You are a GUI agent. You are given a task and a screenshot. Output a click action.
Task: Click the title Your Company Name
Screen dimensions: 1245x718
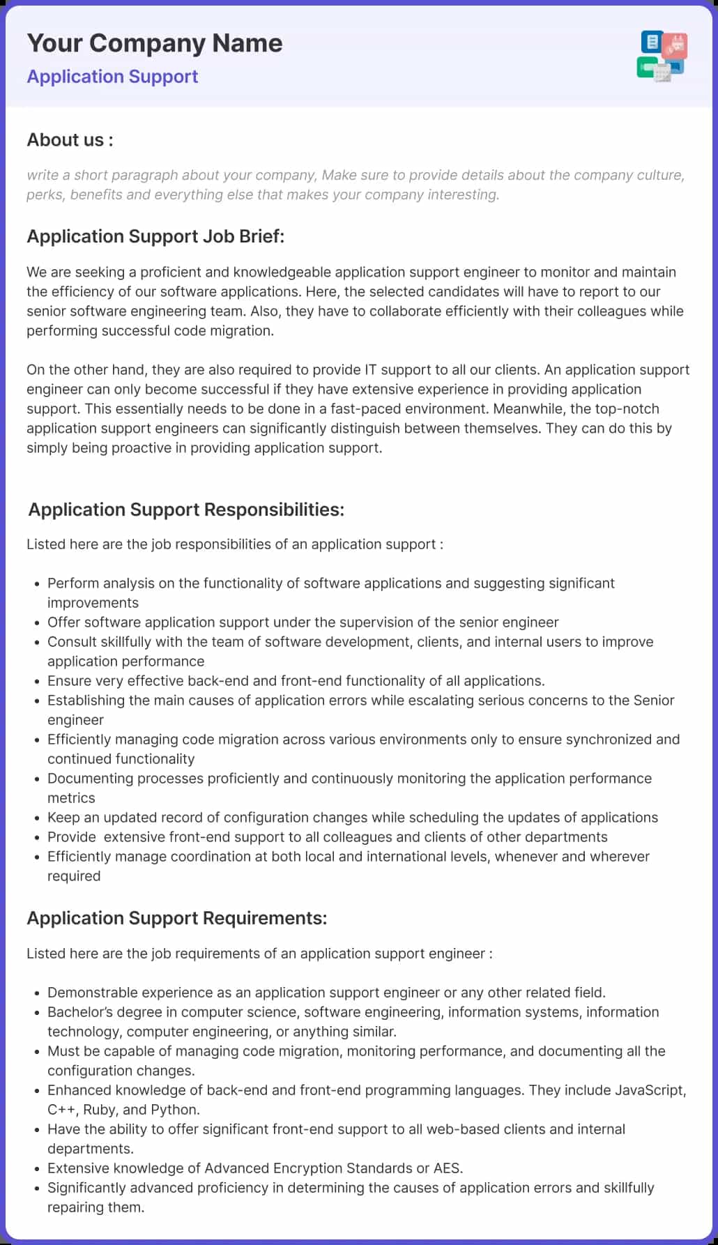[155, 43]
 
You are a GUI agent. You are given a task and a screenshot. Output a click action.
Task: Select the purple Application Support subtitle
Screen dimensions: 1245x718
[112, 77]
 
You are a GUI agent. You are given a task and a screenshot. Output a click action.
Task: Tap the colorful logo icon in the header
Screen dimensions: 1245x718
[662, 55]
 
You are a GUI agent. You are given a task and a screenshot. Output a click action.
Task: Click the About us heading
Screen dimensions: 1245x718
[70, 140]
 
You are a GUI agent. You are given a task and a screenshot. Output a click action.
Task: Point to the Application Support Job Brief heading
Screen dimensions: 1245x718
[155, 236]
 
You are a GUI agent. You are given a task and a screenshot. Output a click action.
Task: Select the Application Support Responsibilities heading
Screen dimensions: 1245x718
[186, 510]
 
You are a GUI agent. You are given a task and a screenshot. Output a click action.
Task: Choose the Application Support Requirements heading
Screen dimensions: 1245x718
[176, 918]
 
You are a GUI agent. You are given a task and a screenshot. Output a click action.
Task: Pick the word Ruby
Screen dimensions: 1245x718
[100, 1110]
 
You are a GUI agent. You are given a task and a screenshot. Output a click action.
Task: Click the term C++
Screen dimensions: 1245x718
[61, 1110]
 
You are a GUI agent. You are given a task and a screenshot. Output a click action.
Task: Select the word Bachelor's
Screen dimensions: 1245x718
[79, 1012]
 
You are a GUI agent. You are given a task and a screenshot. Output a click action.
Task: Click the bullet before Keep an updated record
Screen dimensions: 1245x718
[36, 818]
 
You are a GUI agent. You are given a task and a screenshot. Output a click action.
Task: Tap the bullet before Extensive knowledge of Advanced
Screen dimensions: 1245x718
[36, 1169]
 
